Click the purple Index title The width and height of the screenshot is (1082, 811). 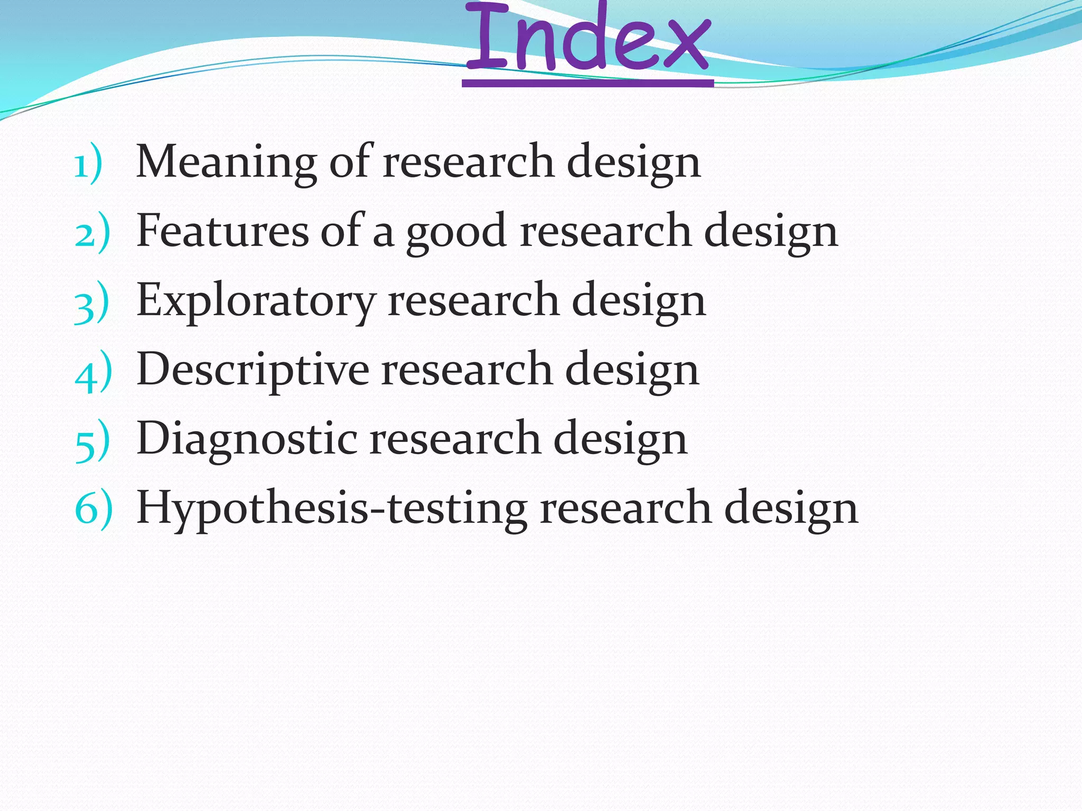click(587, 40)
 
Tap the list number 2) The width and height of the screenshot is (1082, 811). click(92, 233)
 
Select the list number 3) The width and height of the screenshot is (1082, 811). click(91, 303)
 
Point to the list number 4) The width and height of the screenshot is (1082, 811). click(93, 372)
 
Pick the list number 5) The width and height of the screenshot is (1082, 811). click(92, 441)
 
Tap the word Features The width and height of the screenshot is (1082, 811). click(222, 230)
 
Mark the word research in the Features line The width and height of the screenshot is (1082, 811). click(605, 231)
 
